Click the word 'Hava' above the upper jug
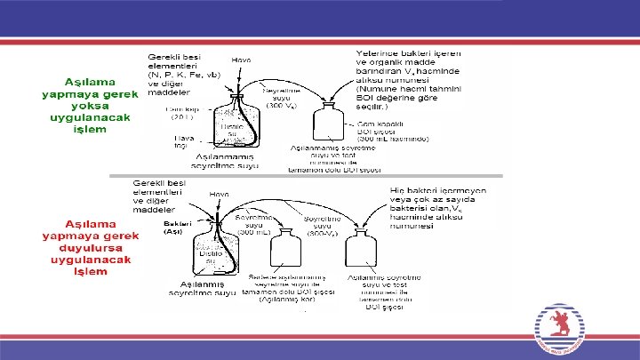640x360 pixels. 242,60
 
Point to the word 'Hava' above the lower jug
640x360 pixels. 219,194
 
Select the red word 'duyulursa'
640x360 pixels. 92,248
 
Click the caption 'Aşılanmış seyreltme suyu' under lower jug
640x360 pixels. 204,288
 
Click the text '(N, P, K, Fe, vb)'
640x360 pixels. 184,75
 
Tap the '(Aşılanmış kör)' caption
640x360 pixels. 288,300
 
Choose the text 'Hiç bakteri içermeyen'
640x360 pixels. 437,190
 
